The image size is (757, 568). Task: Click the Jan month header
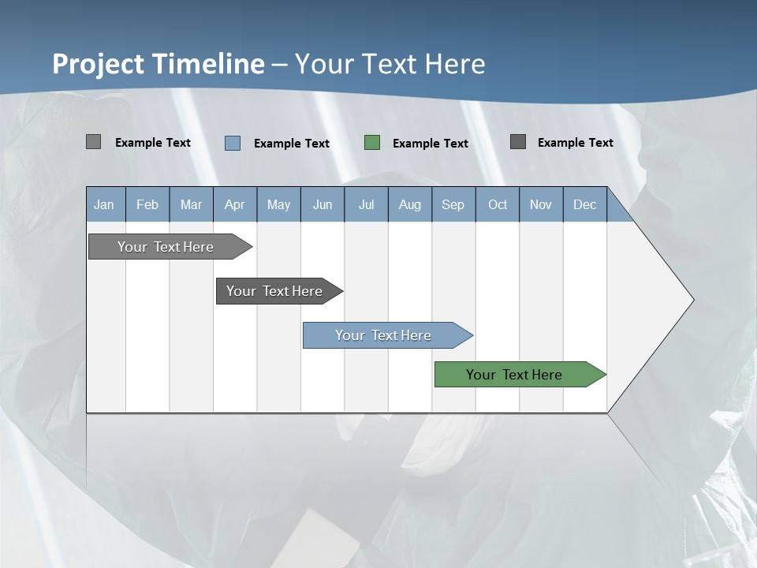[x=104, y=204]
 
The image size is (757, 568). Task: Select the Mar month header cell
[x=191, y=204]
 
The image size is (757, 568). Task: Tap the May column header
[x=278, y=204]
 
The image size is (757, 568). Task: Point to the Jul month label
[x=366, y=204]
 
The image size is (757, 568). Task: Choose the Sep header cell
[x=453, y=204]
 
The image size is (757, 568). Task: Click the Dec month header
[x=584, y=204]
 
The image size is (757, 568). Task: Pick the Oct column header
[x=498, y=204]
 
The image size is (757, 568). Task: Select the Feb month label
[x=147, y=204]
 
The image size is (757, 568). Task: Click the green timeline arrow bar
[x=513, y=375]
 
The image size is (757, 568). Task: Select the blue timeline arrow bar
[x=382, y=335]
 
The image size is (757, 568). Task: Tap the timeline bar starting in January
[x=166, y=247]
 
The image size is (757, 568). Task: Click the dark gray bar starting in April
[x=274, y=291]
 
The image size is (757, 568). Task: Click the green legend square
[x=372, y=142]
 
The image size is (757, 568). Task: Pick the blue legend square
[x=233, y=143]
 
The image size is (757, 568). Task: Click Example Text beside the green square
[x=431, y=143]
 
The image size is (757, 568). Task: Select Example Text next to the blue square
[x=292, y=143]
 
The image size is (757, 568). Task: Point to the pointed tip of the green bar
[x=605, y=375]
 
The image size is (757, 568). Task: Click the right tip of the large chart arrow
[x=692, y=300]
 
